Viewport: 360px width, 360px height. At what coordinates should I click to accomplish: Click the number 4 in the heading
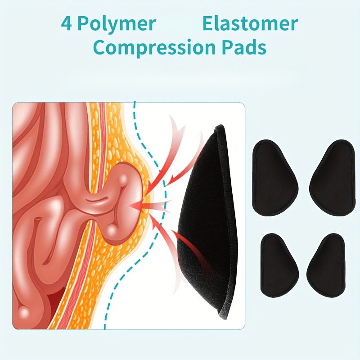pos(66,24)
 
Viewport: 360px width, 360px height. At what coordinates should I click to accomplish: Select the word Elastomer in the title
pos(250,24)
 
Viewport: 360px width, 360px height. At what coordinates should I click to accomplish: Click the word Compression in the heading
pos(155,47)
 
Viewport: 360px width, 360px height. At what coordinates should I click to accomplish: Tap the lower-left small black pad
pos(279,265)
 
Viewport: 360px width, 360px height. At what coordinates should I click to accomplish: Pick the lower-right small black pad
pos(326,265)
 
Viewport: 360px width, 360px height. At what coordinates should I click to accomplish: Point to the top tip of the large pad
pos(220,125)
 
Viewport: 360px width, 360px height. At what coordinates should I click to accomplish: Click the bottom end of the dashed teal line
pos(105,328)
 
